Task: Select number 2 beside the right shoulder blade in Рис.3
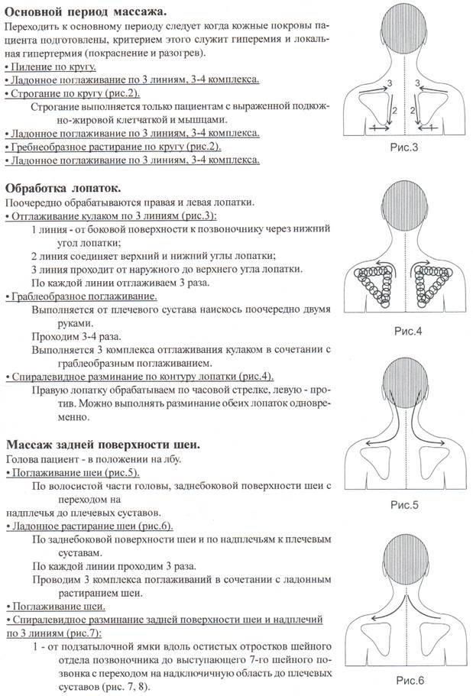pyautogui.click(x=411, y=112)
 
